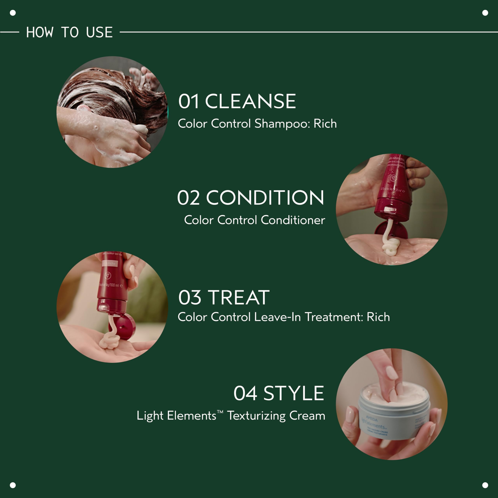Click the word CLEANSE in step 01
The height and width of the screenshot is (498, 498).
[x=250, y=101]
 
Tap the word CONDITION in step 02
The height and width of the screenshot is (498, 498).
[x=265, y=198]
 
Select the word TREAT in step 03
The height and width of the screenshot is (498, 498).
[x=239, y=297]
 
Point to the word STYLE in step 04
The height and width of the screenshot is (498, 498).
[x=294, y=393]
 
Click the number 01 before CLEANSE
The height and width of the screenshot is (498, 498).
[x=189, y=101]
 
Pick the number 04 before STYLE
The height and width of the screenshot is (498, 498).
[x=245, y=393]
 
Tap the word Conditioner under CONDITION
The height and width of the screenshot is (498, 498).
[x=293, y=220]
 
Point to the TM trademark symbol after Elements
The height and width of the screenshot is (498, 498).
[x=220, y=412]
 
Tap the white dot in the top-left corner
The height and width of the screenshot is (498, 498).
[x=13, y=13]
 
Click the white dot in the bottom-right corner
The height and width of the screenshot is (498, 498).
[x=485, y=485]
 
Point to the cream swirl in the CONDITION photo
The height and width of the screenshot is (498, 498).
[x=389, y=244]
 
